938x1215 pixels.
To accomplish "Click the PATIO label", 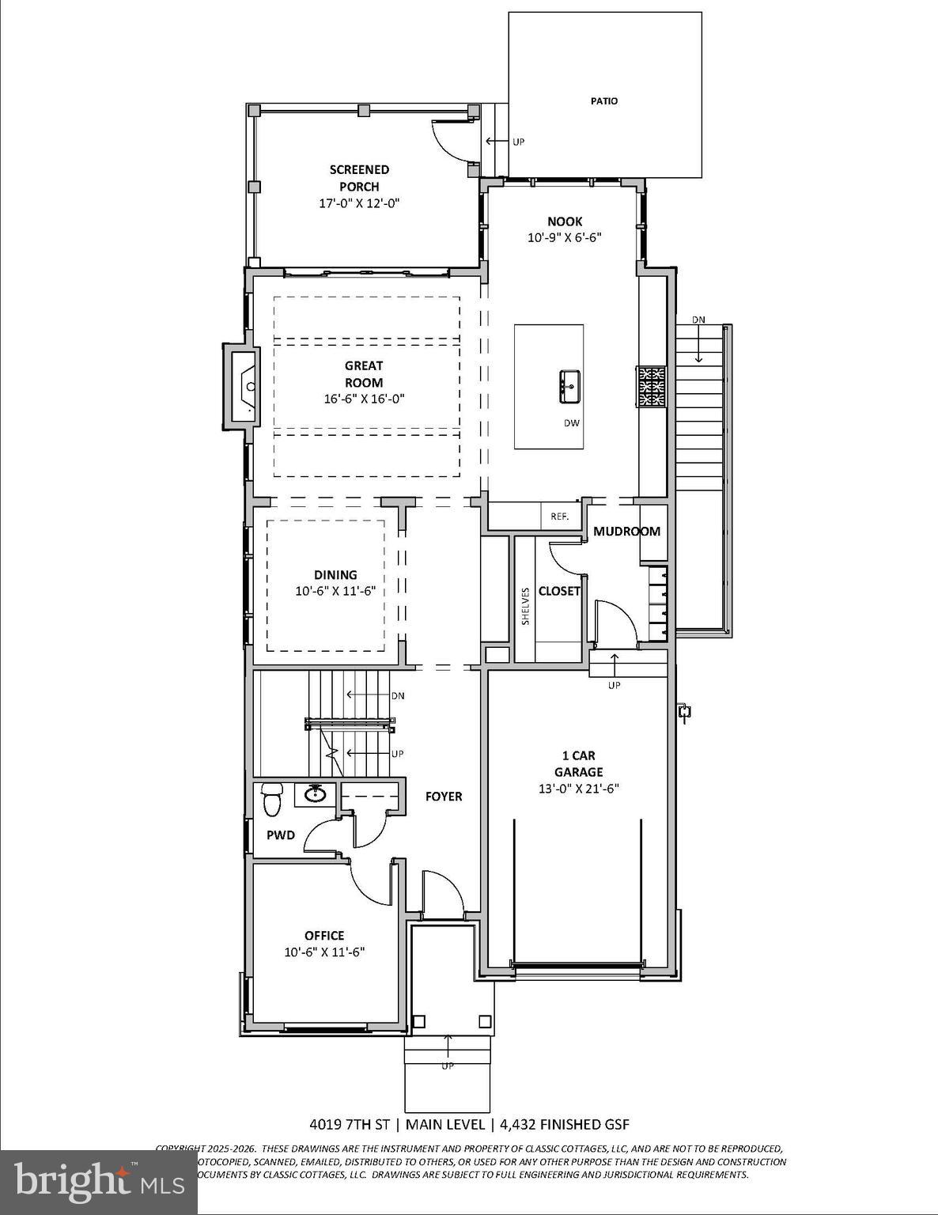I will [x=604, y=101].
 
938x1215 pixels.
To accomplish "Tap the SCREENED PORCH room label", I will [x=359, y=178].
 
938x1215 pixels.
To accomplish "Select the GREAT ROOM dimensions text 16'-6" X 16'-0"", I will [x=364, y=399].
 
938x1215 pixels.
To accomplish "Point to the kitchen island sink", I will [x=569, y=385].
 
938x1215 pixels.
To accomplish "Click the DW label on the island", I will [x=571, y=423].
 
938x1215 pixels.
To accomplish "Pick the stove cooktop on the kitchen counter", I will [x=652, y=386].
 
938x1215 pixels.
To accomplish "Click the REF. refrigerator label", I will [x=559, y=517].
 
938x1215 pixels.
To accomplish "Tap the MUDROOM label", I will [x=626, y=531].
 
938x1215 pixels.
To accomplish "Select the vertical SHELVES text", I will [x=525, y=606].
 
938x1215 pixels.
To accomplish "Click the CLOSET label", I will [x=559, y=591].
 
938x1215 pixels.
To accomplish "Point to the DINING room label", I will [x=335, y=575].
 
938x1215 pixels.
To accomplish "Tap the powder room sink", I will [x=316, y=793].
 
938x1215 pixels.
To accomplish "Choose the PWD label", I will [x=280, y=835].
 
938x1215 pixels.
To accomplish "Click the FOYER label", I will [x=444, y=797].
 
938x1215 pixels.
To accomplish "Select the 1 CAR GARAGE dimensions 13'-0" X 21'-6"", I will [x=579, y=789].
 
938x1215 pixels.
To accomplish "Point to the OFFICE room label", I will [x=324, y=936].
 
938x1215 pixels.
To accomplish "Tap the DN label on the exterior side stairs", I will [x=698, y=320].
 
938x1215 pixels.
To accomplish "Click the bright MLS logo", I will [x=99, y=1182].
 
